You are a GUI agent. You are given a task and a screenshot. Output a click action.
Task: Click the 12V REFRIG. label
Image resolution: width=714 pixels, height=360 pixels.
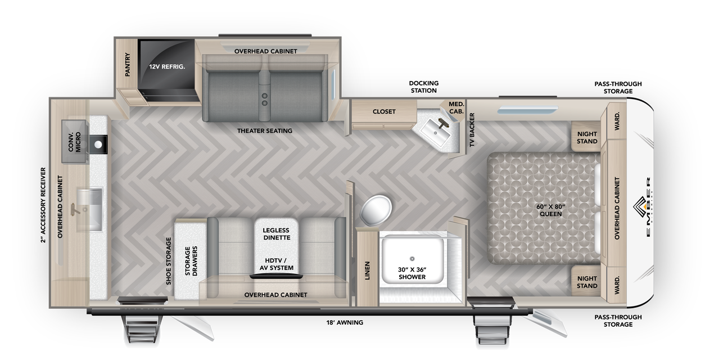167,66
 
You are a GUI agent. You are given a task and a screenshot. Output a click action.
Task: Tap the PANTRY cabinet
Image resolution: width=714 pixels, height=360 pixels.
128,65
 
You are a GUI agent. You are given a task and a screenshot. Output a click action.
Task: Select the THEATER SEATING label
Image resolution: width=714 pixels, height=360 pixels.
265,131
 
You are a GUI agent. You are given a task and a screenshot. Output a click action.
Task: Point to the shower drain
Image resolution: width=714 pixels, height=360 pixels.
412,258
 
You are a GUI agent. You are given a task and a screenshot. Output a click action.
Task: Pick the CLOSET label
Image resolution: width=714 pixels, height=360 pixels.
384,111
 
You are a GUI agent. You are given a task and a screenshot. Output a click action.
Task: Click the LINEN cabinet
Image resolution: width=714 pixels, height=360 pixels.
367,268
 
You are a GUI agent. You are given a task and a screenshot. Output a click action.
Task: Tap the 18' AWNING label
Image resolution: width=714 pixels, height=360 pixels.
345,322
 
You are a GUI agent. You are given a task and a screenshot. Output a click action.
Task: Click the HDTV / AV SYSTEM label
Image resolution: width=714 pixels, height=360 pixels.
275,264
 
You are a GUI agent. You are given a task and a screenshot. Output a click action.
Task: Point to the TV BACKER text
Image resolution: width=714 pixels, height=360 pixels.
472,130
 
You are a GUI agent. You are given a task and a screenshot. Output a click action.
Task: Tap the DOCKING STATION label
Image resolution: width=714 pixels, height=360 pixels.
423,87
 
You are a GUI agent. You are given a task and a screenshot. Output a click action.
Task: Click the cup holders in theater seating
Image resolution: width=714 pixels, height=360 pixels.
264,99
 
